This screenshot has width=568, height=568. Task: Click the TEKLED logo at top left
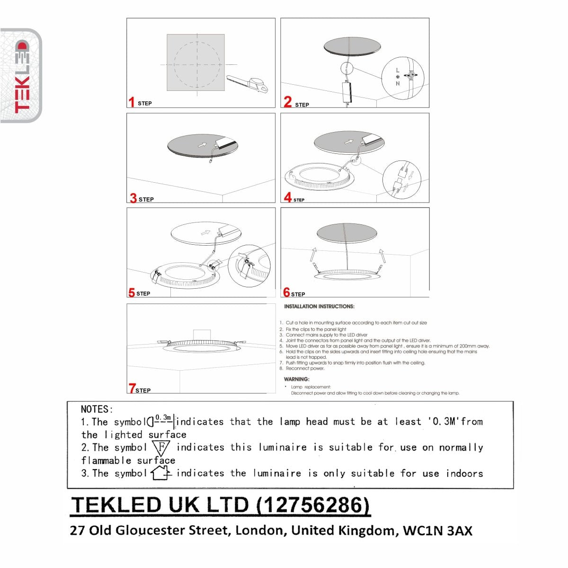(21, 76)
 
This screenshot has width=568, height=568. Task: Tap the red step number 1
(132, 102)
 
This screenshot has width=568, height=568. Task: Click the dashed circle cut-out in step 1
(196, 64)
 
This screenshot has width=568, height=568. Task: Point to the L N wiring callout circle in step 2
(402, 78)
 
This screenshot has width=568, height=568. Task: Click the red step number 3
(133, 198)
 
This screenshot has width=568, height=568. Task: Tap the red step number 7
(132, 389)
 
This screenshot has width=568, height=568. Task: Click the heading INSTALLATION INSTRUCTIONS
(319, 307)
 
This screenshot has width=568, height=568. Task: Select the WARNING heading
(296, 379)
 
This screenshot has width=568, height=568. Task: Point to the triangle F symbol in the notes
(161, 447)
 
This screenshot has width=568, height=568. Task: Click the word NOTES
(97, 409)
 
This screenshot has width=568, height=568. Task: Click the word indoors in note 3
(464, 473)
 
